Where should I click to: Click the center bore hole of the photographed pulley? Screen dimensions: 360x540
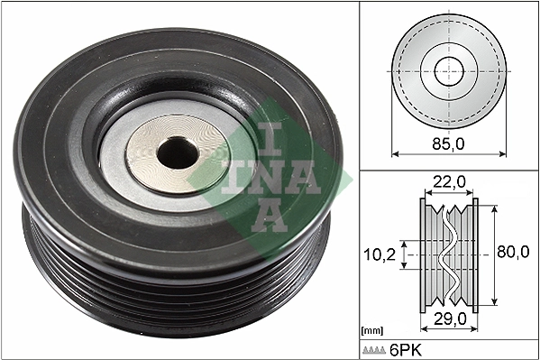(x=177, y=154)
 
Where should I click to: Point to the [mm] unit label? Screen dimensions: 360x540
(x=371, y=331)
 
